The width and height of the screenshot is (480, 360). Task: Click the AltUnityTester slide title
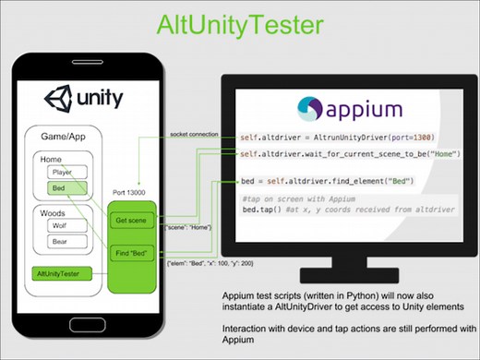[239, 22]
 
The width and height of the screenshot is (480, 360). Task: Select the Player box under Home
[62, 172]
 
